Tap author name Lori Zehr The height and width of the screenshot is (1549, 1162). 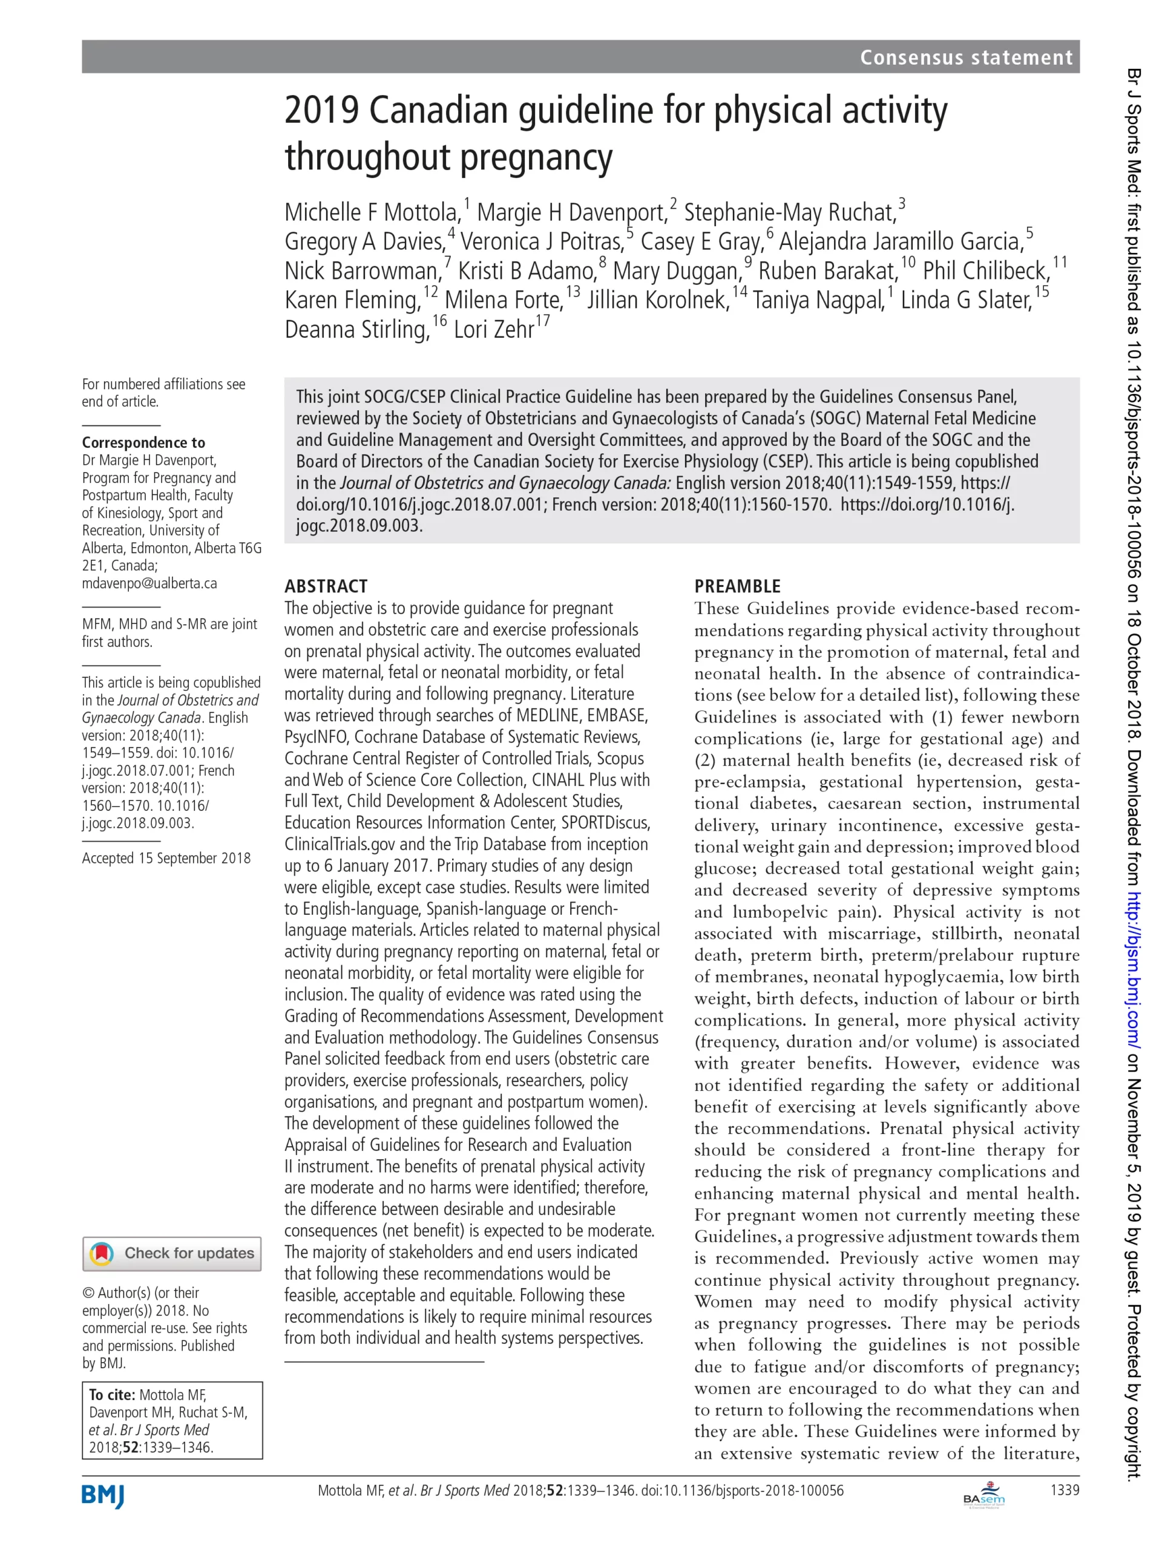click(494, 329)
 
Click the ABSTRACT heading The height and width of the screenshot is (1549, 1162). click(326, 586)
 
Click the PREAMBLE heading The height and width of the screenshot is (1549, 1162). click(737, 586)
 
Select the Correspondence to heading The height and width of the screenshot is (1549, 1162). click(143, 442)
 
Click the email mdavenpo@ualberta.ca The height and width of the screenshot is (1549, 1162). click(149, 583)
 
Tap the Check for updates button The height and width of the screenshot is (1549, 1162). click(172, 1254)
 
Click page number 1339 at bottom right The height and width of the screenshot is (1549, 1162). click(1065, 1490)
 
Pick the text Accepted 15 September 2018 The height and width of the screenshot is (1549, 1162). click(166, 859)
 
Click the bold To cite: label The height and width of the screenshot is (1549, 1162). click(112, 1395)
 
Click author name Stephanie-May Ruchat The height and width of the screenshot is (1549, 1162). click(789, 212)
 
